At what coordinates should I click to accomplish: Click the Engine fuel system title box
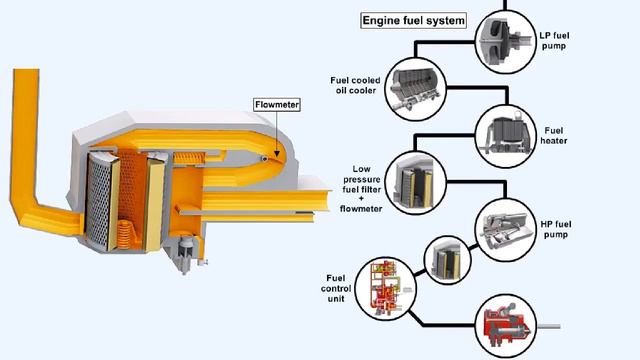click(412, 19)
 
